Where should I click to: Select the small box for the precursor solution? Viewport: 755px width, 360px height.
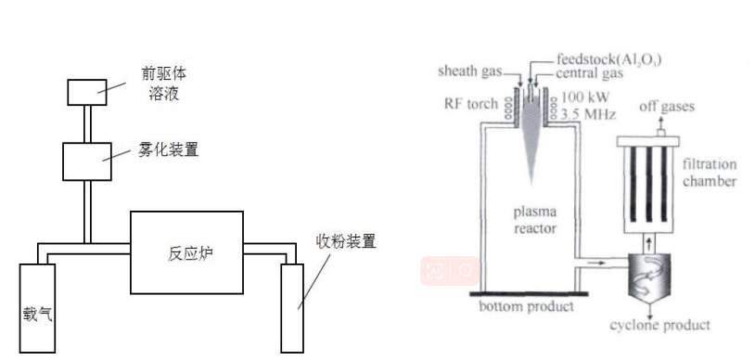(88, 92)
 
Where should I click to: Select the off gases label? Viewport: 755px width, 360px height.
(660, 107)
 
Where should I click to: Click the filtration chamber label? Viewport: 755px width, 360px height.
(710, 173)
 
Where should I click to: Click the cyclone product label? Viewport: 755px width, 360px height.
(659, 325)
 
